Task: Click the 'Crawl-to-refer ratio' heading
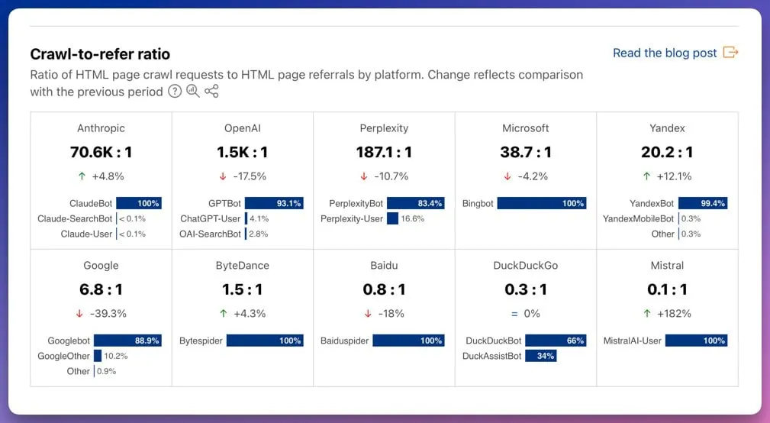[100, 54]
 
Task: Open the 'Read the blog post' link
[665, 53]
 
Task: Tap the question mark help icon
[175, 92]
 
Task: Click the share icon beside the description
[211, 92]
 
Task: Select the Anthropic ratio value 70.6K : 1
[101, 152]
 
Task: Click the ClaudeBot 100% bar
[138, 204]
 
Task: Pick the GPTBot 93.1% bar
[274, 204]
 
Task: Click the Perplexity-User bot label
[352, 218]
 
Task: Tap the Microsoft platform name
[525, 128]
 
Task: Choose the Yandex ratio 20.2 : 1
[666, 152]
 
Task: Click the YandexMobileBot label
[638, 218]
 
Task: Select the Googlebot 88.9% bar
[127, 341]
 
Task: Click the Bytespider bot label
[201, 341]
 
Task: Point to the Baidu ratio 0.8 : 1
[384, 289]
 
